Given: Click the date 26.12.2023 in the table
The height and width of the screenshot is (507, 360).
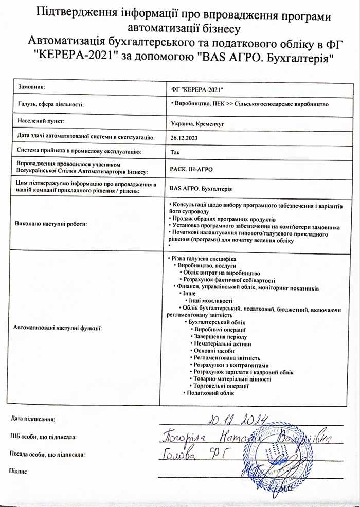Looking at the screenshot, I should tap(184, 138).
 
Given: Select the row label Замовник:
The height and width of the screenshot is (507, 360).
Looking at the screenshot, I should tap(32, 87).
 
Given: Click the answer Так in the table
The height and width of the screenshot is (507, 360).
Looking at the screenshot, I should tap(175, 153).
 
